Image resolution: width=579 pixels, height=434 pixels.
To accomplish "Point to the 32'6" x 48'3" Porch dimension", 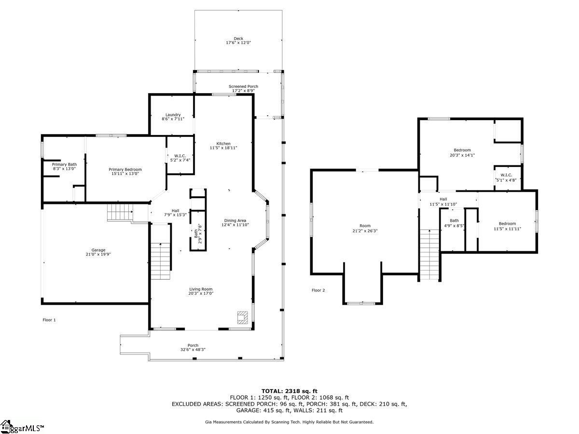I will coord(193,350).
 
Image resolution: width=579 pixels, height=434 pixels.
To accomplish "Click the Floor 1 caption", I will coord(49,320).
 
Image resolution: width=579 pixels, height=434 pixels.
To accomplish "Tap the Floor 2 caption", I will coord(318,290).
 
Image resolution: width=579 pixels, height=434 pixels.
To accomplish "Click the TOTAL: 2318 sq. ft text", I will coord(289,391).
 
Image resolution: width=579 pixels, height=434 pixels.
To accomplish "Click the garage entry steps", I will coord(119,212).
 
